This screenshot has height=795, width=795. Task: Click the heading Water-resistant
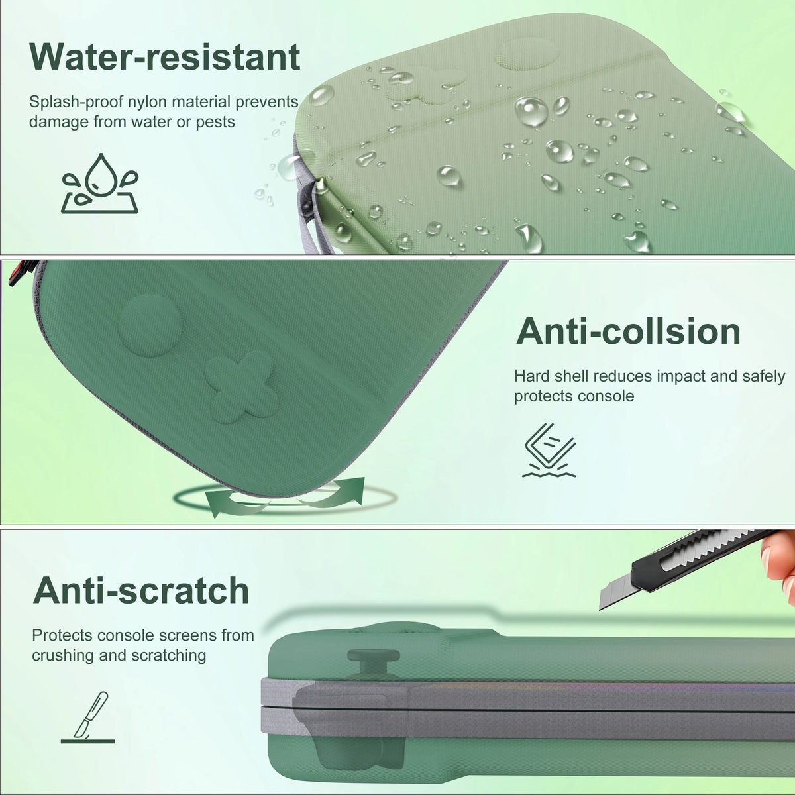(164, 57)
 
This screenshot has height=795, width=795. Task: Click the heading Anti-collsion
(628, 332)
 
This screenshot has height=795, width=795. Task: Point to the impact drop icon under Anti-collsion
(549, 450)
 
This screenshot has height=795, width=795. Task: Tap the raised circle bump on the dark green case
(149, 325)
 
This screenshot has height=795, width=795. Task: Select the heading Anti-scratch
(141, 590)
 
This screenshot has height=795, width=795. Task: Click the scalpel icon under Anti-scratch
(88, 717)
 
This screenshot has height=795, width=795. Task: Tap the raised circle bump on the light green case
(527, 54)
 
